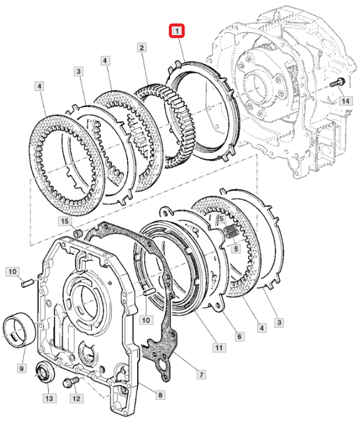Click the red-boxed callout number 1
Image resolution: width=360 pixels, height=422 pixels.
[176, 30]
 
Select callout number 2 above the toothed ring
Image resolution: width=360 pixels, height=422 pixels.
[142, 47]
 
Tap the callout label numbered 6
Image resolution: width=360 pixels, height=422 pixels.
[239, 336]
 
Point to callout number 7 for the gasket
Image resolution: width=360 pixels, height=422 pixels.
[201, 374]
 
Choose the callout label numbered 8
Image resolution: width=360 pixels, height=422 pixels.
[160, 395]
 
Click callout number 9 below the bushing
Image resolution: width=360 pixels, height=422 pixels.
[22, 368]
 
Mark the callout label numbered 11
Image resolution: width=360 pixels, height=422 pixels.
[219, 348]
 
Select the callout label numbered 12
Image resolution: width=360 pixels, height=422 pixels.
[76, 399]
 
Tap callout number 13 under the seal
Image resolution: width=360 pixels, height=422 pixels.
[49, 399]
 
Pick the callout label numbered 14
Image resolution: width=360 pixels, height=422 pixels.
[345, 101]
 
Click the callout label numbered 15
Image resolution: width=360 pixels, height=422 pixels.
[65, 221]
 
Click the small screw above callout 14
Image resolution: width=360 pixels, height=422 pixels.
[337, 82]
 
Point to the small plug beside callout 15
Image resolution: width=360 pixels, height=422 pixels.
[77, 234]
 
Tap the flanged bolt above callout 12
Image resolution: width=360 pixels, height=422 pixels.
[71, 382]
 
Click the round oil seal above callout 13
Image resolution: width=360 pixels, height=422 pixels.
[45, 371]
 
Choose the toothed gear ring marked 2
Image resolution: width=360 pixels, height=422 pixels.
[165, 125]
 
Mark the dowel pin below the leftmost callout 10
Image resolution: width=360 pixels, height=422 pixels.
[27, 283]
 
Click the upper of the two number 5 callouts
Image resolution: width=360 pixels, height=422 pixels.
[221, 218]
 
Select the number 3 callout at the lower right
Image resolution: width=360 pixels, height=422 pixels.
[279, 322]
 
